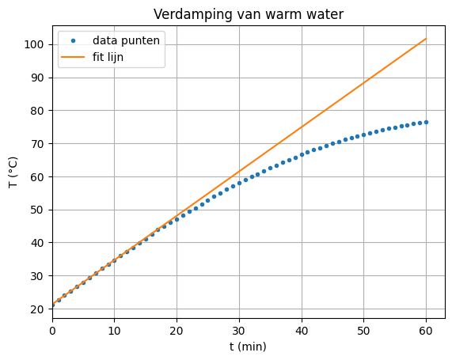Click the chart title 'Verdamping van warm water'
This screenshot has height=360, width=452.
pos(249,14)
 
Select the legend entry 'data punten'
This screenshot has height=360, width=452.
pos(127,40)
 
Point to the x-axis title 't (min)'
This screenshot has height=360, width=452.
pos(249,347)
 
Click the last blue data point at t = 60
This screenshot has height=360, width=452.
pos(426,122)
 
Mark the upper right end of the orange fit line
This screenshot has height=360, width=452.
pos(426,39)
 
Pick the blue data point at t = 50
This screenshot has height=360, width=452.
pos(363,135)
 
